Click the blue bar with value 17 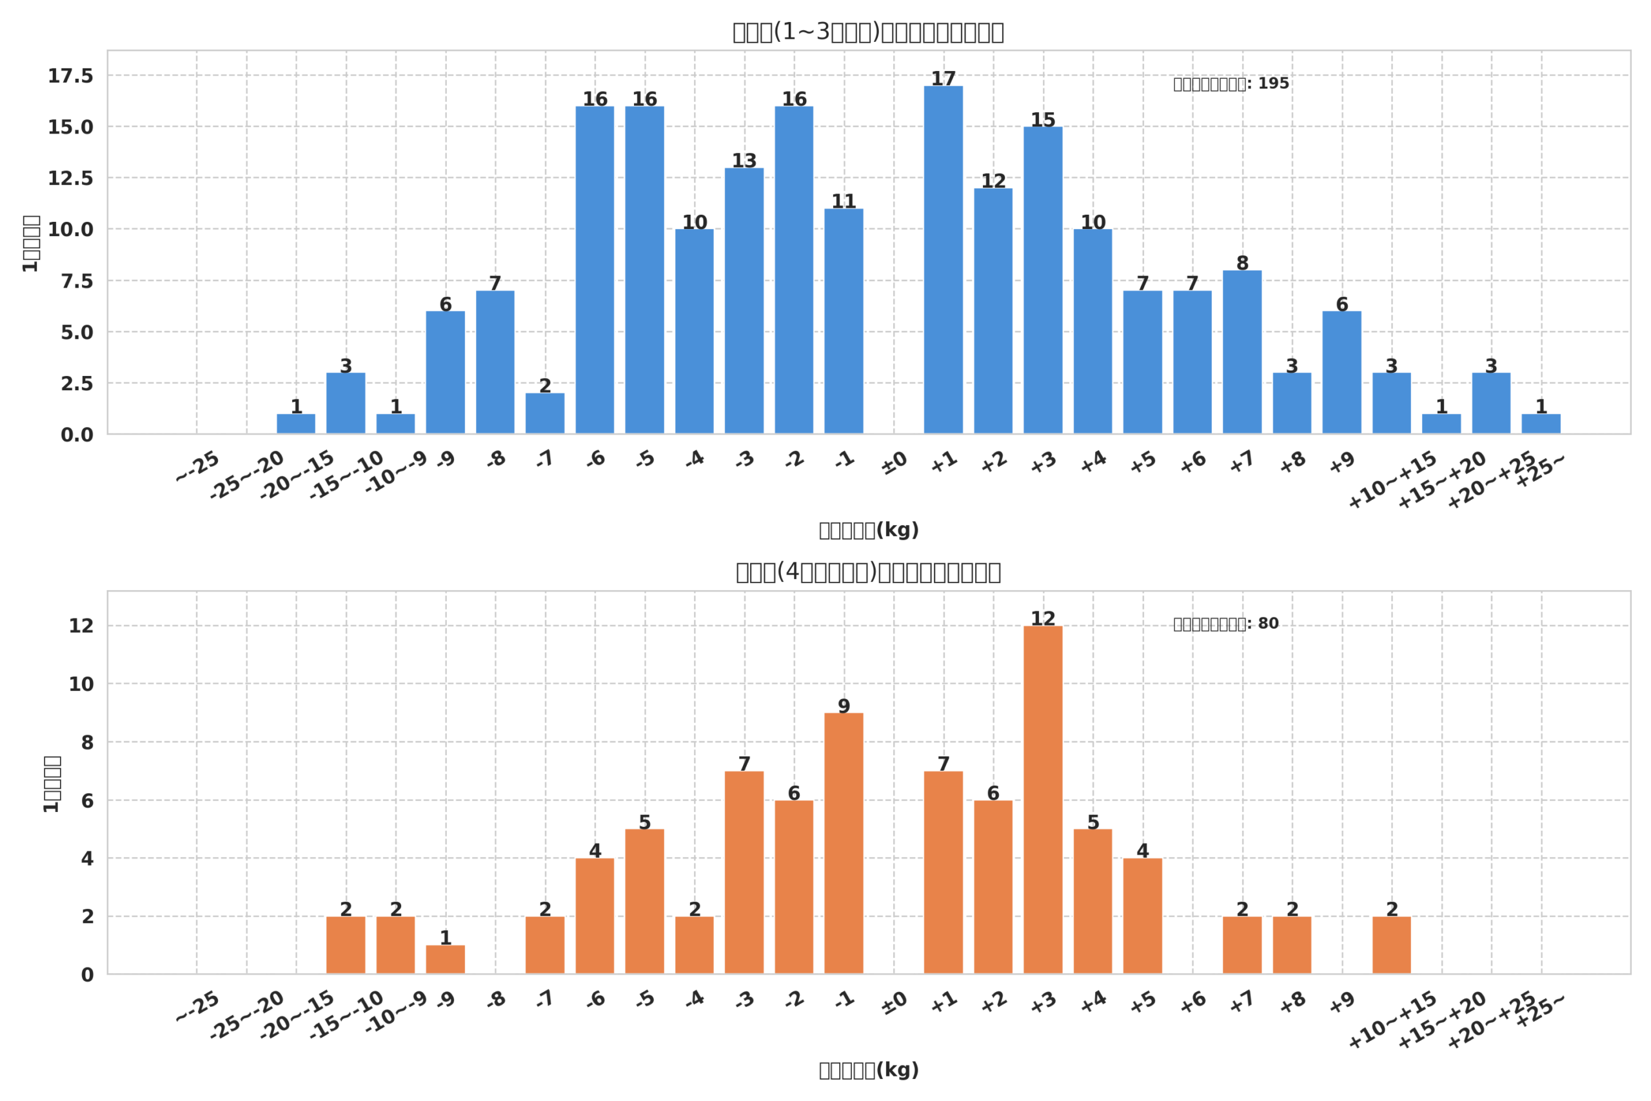(943, 260)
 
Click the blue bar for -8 (495, 362)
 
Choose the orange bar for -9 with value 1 (445, 959)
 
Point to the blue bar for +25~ (1541, 424)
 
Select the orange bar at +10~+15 (1391, 945)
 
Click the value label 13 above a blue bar (744, 161)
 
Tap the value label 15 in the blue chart (1042, 120)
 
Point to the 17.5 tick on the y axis (70, 76)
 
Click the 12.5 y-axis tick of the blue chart (70, 179)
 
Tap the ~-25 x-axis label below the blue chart (198, 468)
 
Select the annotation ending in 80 (1225, 624)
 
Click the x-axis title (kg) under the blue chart (868, 530)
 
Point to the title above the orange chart (868, 572)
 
